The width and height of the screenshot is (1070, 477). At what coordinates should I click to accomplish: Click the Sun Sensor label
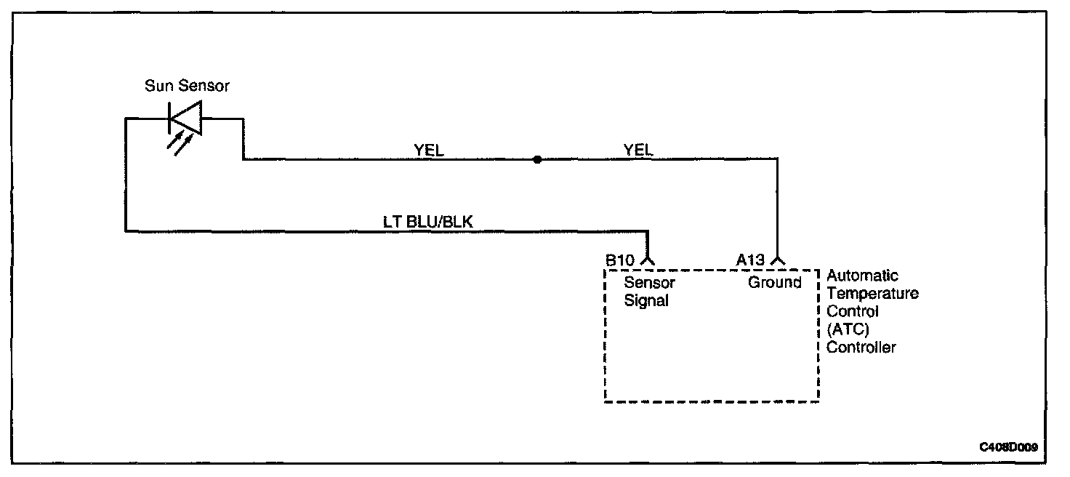click(187, 87)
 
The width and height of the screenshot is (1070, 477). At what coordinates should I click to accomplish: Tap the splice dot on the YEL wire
click(537, 159)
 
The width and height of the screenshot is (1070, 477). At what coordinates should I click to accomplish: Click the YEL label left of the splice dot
click(428, 150)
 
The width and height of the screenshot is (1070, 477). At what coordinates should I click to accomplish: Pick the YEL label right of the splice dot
click(638, 150)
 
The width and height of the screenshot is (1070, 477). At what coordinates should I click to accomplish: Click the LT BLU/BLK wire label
click(428, 222)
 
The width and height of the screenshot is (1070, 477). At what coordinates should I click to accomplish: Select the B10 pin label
click(620, 260)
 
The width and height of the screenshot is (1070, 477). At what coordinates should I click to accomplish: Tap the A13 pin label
click(750, 260)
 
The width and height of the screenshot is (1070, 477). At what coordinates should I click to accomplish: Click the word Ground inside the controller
click(775, 282)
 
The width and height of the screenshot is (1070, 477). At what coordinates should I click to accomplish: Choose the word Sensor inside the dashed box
click(650, 282)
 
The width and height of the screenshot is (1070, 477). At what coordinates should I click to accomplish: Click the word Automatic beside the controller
click(862, 276)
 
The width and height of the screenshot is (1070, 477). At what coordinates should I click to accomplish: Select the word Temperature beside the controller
click(872, 294)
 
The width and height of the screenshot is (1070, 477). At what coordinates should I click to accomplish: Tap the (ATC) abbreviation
click(848, 329)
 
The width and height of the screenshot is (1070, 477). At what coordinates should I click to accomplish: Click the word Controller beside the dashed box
click(861, 348)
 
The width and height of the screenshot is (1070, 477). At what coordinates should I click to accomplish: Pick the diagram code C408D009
click(1008, 448)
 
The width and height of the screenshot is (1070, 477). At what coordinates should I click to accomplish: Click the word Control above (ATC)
click(853, 311)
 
